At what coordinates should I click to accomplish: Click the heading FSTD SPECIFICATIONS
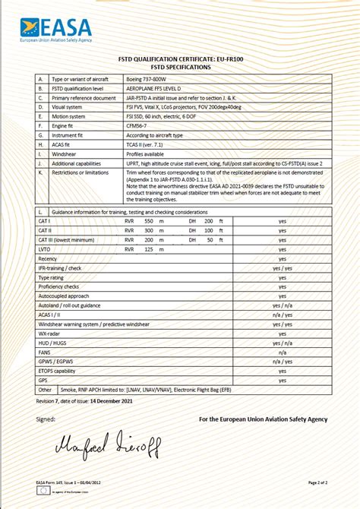click(180, 67)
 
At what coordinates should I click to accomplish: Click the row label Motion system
click(71, 116)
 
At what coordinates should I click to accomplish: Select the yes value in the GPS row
click(283, 380)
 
